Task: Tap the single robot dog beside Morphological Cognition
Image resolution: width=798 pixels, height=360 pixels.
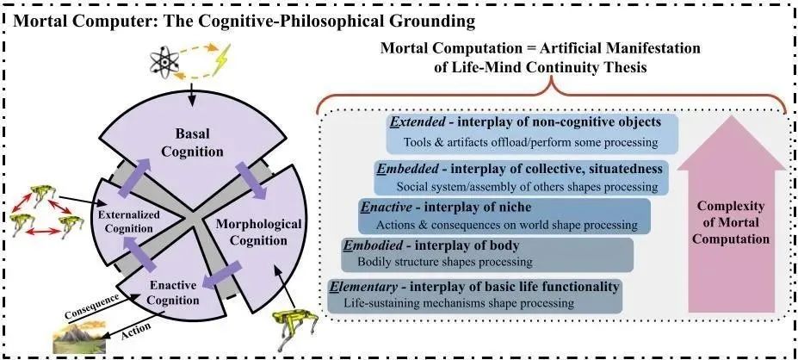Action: [295, 326]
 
